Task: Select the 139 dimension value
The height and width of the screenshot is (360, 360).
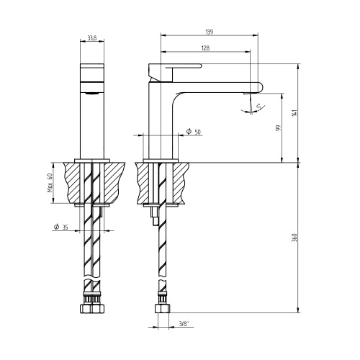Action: (x=210, y=32)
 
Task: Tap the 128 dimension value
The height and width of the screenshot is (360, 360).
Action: (x=205, y=49)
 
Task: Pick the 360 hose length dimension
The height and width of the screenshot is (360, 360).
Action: (x=296, y=238)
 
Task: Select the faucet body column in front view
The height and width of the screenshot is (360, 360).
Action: (x=91, y=122)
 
